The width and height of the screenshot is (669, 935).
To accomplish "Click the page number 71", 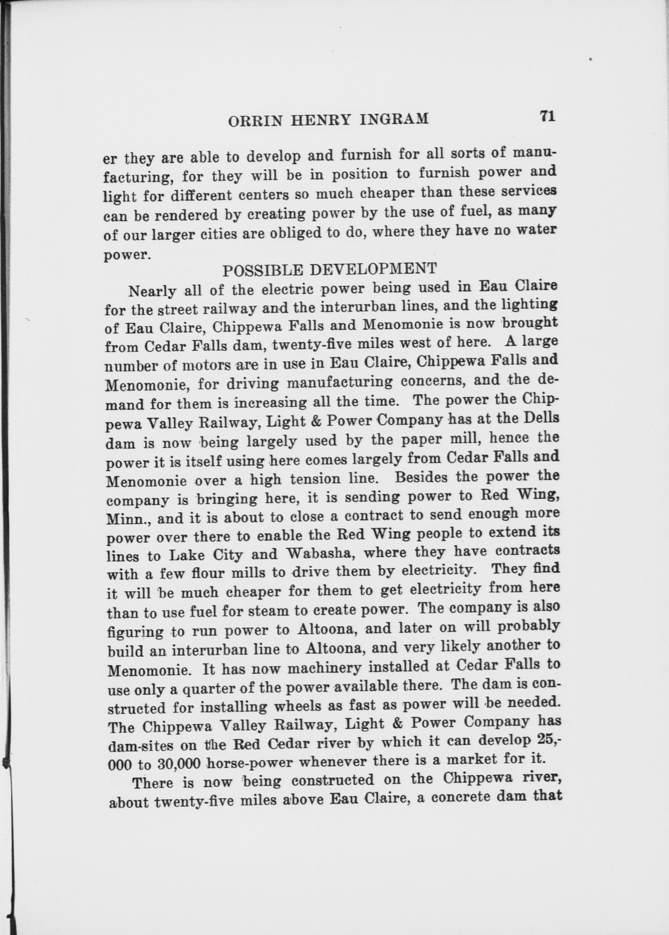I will coord(547,117).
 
